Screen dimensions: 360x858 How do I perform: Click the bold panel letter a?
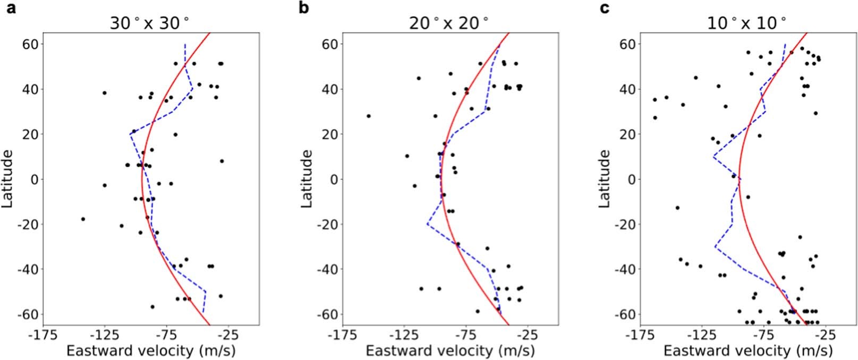(10, 9)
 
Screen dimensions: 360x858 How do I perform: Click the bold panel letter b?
(304, 9)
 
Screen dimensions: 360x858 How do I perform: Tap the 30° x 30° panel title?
(149, 23)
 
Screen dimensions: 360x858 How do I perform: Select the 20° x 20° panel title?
(449, 23)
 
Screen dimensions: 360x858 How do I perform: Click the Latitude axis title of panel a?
(8, 178)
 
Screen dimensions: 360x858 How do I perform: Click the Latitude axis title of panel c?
(605, 178)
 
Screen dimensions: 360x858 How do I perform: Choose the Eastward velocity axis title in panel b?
(450, 351)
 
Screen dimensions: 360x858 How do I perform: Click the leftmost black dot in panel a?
(83, 219)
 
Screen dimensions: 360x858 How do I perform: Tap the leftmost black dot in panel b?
(368, 116)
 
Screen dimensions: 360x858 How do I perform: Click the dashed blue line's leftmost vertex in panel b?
(427, 224)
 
